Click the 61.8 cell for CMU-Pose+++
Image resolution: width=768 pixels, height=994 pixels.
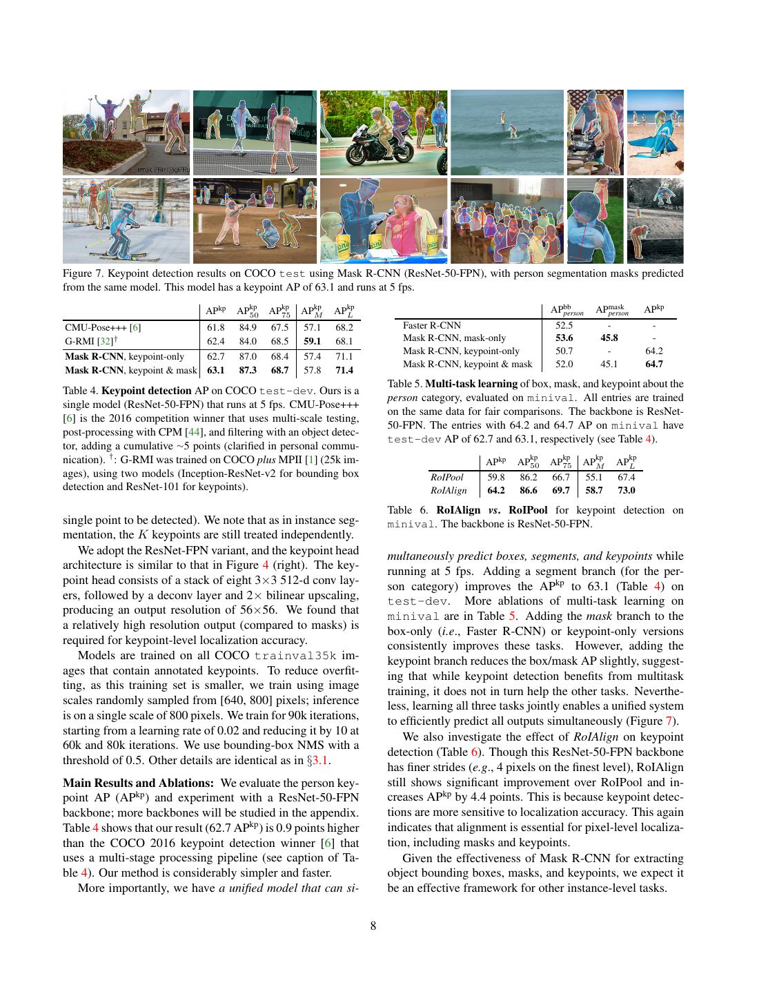point(216,328)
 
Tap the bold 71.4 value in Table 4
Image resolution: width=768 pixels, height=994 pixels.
point(344,371)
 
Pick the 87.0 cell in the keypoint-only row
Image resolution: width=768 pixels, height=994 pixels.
point(248,356)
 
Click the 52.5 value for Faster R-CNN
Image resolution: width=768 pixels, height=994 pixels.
point(564,325)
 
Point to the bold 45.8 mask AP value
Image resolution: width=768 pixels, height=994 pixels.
point(609,338)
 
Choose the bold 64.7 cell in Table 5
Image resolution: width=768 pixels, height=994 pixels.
point(654,364)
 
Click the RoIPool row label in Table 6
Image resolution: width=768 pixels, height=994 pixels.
point(446,477)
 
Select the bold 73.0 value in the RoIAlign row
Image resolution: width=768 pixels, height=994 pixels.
point(626,490)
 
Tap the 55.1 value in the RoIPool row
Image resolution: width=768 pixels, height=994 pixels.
point(593,477)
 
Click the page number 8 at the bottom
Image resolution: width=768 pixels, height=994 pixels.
point(373,926)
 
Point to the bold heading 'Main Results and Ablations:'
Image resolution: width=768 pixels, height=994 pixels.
point(139,783)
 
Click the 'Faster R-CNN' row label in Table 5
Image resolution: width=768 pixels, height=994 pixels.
point(432,325)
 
